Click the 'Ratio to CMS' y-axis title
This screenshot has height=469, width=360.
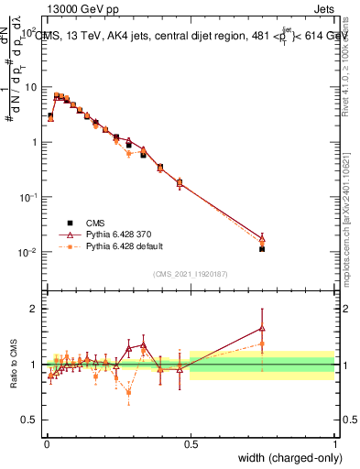14,365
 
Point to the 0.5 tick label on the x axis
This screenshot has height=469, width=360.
191,444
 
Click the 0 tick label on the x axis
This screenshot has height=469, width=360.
47,444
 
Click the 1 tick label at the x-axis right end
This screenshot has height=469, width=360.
334,444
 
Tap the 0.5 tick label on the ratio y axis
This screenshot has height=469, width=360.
31,420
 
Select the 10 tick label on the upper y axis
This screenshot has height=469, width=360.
32,87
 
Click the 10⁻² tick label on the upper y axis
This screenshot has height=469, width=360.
29,253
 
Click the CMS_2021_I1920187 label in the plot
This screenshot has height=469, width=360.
190,273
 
